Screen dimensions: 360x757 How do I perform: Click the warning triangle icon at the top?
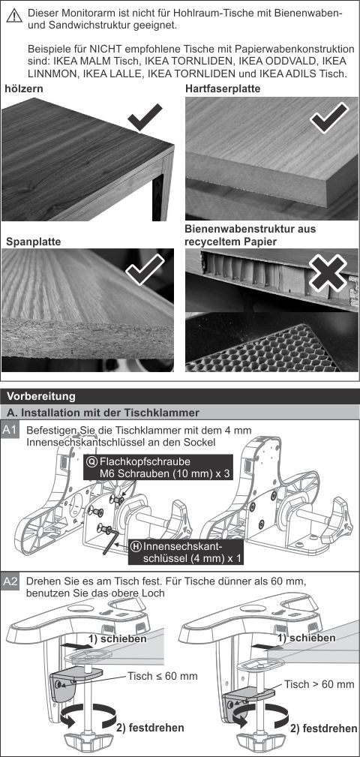click(x=14, y=16)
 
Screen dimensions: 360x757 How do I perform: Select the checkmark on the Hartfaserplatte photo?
click(x=328, y=118)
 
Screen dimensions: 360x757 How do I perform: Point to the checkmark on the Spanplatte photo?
click(x=145, y=269)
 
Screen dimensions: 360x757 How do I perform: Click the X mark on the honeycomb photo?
click(x=328, y=273)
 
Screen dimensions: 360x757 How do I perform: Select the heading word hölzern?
click(x=24, y=89)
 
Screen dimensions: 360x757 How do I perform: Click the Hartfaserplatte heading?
click(x=223, y=89)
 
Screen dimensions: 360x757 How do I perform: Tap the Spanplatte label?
click(x=33, y=241)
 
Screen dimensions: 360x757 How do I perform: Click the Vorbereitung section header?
click(x=41, y=396)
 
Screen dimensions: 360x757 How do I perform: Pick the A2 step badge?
click(x=10, y=583)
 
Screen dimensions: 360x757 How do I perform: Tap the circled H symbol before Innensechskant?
click(x=136, y=546)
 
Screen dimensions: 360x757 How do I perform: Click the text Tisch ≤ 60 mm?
click(x=163, y=676)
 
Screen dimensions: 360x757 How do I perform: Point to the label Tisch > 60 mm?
click(x=319, y=684)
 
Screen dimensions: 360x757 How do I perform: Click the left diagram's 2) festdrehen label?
click(x=150, y=727)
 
